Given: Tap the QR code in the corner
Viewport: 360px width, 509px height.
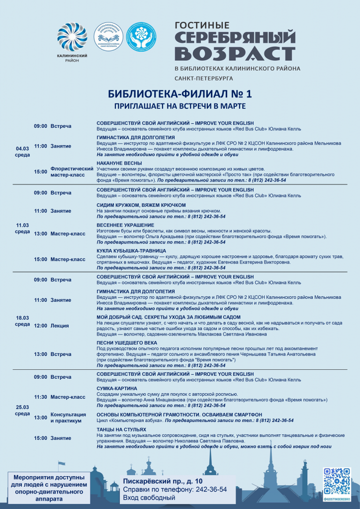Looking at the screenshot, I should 337,481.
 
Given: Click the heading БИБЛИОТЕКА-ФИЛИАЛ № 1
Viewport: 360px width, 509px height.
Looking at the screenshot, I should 180,94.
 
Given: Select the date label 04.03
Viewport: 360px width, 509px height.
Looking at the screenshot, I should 22,148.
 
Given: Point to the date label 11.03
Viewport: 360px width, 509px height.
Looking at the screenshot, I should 22,225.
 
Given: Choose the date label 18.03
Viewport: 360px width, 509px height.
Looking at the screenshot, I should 22,317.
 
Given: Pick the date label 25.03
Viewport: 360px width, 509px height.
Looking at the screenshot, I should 22,407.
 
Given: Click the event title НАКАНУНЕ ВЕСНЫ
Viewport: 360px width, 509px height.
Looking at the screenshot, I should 119,163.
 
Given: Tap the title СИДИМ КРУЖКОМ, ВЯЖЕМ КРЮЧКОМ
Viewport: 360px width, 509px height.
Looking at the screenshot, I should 141,205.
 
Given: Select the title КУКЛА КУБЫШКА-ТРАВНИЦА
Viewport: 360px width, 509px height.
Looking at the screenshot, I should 131,251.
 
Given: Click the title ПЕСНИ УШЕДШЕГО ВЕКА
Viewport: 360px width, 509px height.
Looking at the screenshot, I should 127,343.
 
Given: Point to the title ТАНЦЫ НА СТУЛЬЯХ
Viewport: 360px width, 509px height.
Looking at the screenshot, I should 121,429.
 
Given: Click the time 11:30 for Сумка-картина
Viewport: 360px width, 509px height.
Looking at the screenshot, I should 41,397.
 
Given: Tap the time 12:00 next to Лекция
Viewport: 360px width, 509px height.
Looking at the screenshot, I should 41,326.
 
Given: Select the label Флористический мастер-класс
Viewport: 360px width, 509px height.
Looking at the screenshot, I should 72,171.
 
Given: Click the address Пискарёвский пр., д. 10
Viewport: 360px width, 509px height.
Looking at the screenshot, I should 163,481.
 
